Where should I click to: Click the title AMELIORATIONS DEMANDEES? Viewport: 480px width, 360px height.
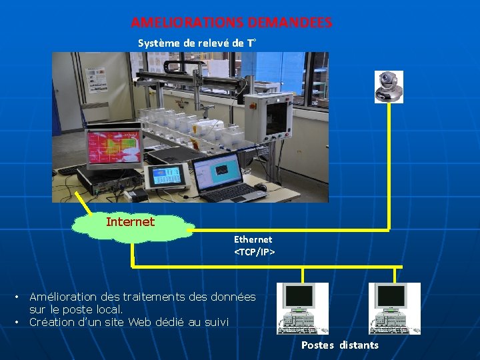231,23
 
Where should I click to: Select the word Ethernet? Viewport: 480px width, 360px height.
253,239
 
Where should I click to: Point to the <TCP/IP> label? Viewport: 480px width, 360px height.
254,252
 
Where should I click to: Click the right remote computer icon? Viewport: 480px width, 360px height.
394,308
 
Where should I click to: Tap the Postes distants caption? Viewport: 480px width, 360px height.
339,345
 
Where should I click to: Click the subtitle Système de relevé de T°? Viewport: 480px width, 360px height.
197,43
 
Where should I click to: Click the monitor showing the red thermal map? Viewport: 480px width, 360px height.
114,145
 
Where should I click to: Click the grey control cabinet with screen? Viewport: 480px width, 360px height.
269,120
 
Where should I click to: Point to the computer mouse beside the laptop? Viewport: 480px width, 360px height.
260,187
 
